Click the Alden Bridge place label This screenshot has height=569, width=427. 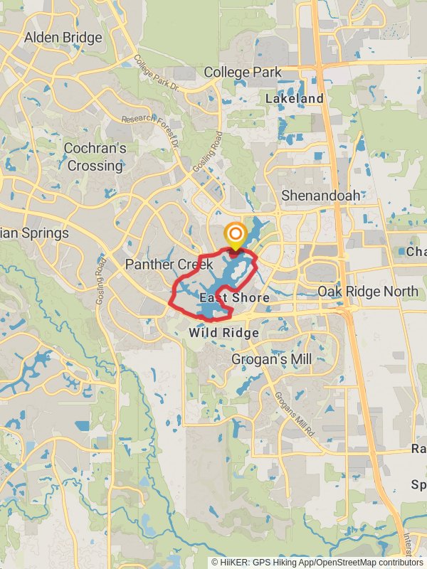(63, 37)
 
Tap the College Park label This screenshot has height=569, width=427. (243, 72)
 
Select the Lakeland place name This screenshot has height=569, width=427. (294, 98)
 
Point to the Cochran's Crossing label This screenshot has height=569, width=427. (95, 156)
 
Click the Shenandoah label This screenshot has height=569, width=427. (320, 195)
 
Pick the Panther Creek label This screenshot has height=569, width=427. (169, 265)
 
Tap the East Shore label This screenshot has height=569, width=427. (235, 297)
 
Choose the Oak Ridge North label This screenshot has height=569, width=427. (368, 292)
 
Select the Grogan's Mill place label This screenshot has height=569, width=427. (271, 360)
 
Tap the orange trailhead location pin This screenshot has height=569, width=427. (235, 235)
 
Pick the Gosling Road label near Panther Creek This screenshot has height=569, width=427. (100, 282)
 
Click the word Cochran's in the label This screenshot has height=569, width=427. (95, 149)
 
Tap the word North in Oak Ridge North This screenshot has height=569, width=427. (402, 292)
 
